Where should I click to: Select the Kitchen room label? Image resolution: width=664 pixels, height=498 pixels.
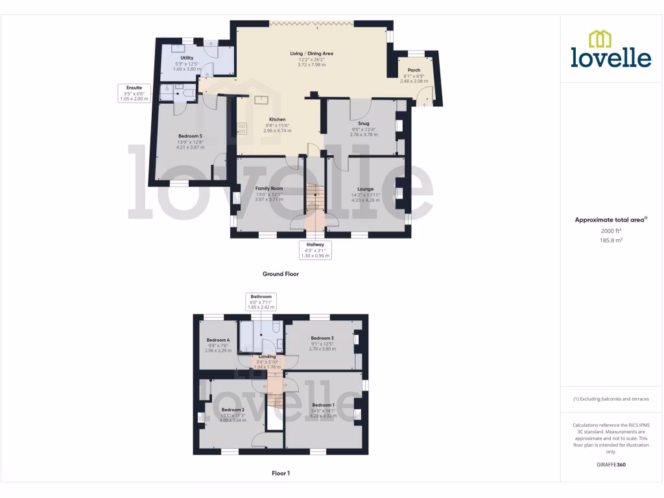coord(278,120)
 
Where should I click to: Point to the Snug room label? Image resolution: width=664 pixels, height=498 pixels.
coord(363,123)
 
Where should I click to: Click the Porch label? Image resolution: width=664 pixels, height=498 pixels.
coord(414,70)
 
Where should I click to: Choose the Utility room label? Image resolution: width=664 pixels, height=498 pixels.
coord(187,58)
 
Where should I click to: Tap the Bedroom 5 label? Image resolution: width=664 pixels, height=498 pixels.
coord(190,136)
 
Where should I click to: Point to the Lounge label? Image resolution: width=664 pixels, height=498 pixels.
coord(366,189)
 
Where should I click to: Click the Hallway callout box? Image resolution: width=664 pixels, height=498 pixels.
coord(314,250)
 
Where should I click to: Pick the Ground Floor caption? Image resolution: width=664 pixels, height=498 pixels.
coord(280,274)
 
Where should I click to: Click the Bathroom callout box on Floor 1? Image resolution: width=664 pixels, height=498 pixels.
coord(261,302)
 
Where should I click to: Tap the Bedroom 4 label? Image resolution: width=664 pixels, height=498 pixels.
coord(218,340)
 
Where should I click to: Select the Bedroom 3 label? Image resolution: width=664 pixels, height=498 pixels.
coord(322,338)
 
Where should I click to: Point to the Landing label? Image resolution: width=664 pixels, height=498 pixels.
coord(267,357)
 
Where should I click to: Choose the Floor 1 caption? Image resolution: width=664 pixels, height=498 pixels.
coord(280,473)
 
